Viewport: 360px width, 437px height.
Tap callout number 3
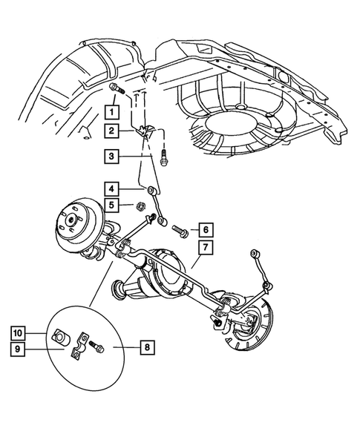click(111, 157)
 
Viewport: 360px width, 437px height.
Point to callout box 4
click(111, 190)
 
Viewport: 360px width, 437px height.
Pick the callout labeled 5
click(111, 206)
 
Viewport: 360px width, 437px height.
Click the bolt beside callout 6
click(180, 229)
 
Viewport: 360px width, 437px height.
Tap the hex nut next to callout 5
click(139, 206)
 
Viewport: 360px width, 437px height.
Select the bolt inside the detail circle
click(95, 346)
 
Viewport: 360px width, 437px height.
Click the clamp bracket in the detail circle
click(77, 349)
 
